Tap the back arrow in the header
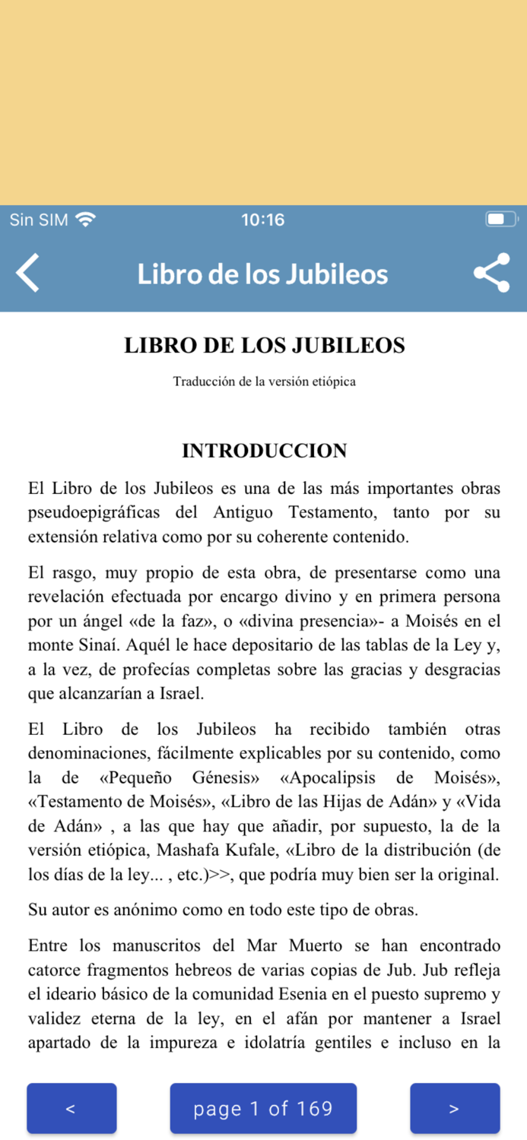[28, 274]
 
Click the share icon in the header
[491, 274]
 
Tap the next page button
[454, 1109]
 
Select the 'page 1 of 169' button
[263, 1109]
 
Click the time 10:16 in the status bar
[263, 220]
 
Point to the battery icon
[500, 220]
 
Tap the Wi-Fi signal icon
[86, 220]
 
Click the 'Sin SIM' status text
[39, 220]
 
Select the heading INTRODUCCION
[264, 451]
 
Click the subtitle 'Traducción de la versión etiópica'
[264, 382]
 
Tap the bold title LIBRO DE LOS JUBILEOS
[264, 346]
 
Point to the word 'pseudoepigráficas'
[95, 513]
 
